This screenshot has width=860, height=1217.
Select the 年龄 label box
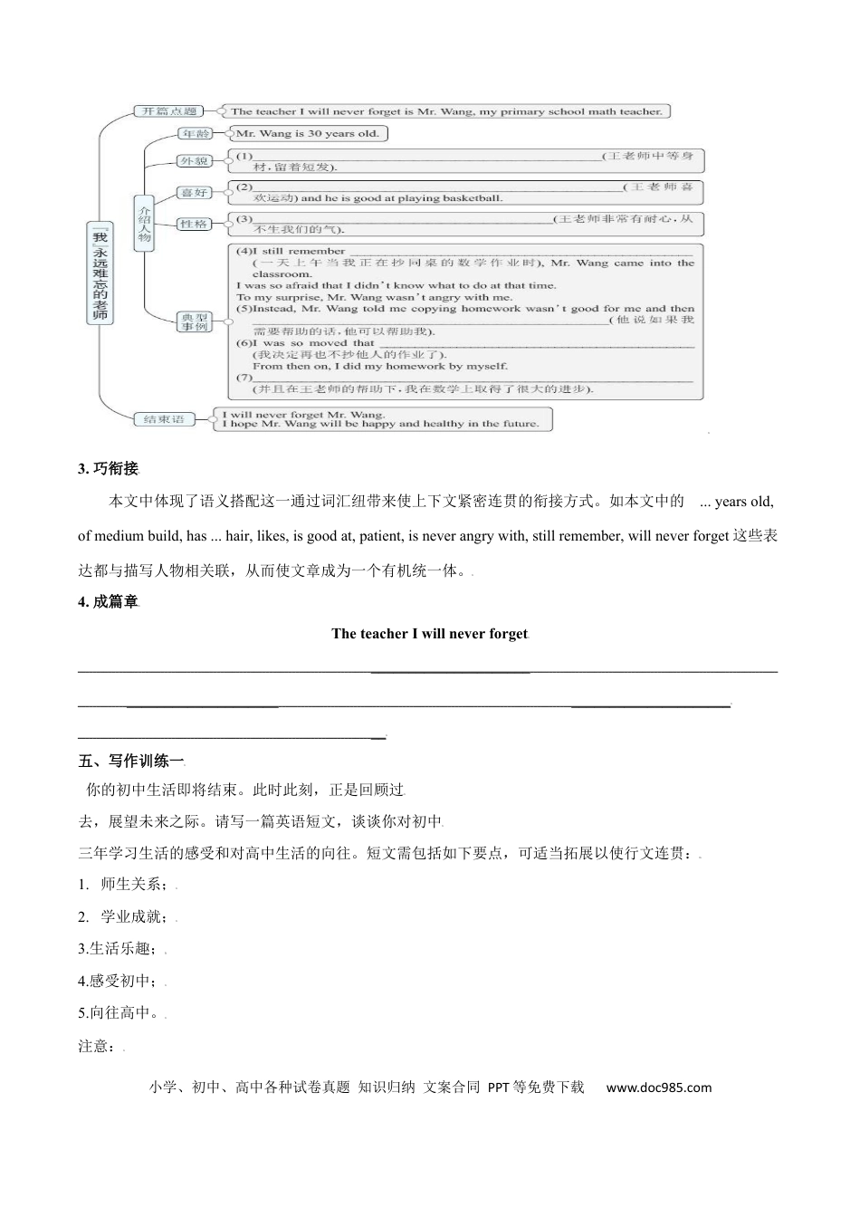pos(196,134)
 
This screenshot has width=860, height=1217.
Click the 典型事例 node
pos(194,321)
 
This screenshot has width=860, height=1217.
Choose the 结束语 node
pos(165,419)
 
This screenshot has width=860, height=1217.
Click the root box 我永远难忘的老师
pos(99,272)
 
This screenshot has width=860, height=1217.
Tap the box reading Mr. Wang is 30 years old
pos(308,134)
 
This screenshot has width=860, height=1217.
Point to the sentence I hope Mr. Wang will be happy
pos(380,424)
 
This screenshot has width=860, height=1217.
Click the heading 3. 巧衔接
pos(109,468)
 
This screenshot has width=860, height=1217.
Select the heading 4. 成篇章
pos(109,602)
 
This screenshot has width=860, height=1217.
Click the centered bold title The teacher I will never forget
pos(429,634)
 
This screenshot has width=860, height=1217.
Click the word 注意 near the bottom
pos(98,1047)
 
